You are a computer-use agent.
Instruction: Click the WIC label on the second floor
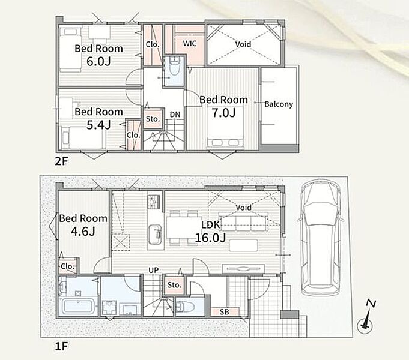coord(190,43)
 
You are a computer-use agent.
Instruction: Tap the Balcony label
coord(279,104)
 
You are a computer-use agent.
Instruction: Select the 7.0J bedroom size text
coord(223,113)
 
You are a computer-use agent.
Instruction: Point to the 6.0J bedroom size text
coord(98,61)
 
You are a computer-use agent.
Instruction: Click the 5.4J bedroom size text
coord(98,125)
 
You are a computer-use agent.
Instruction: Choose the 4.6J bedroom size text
coord(83,231)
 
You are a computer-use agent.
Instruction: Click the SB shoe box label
coord(225,312)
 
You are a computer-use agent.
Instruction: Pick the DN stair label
coord(175,115)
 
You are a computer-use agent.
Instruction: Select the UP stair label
coord(154,271)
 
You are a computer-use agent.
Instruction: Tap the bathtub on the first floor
coord(78,306)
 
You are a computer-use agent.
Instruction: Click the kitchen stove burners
coord(154,202)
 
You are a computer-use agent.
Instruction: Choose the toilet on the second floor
coord(174,67)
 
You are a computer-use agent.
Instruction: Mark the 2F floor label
coord(61,161)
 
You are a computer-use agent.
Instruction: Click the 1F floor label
coord(61,347)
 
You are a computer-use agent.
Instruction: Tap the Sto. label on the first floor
coord(174,285)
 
